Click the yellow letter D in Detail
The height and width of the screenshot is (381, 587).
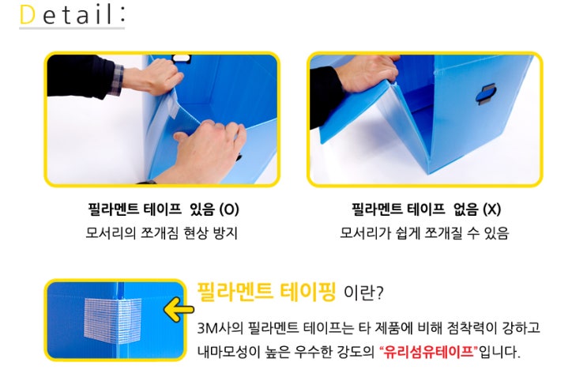pyautogui.click(x=28, y=14)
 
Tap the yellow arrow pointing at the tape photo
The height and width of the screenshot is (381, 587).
pyautogui.click(x=179, y=309)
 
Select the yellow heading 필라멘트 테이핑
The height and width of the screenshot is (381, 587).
pyautogui.click(x=266, y=292)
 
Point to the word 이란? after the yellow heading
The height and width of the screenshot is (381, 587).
pyautogui.click(x=363, y=292)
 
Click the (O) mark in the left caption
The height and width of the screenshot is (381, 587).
pyautogui.click(x=229, y=209)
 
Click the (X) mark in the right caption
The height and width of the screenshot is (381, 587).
pyautogui.click(x=491, y=209)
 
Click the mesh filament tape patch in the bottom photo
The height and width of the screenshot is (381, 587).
pyautogui.click(x=113, y=321)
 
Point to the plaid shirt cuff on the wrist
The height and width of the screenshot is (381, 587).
pyautogui.click(x=117, y=79)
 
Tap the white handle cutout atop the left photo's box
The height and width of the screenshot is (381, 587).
pyautogui.click(x=181, y=58)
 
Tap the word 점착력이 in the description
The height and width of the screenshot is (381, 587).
pyautogui.click(x=471, y=328)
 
